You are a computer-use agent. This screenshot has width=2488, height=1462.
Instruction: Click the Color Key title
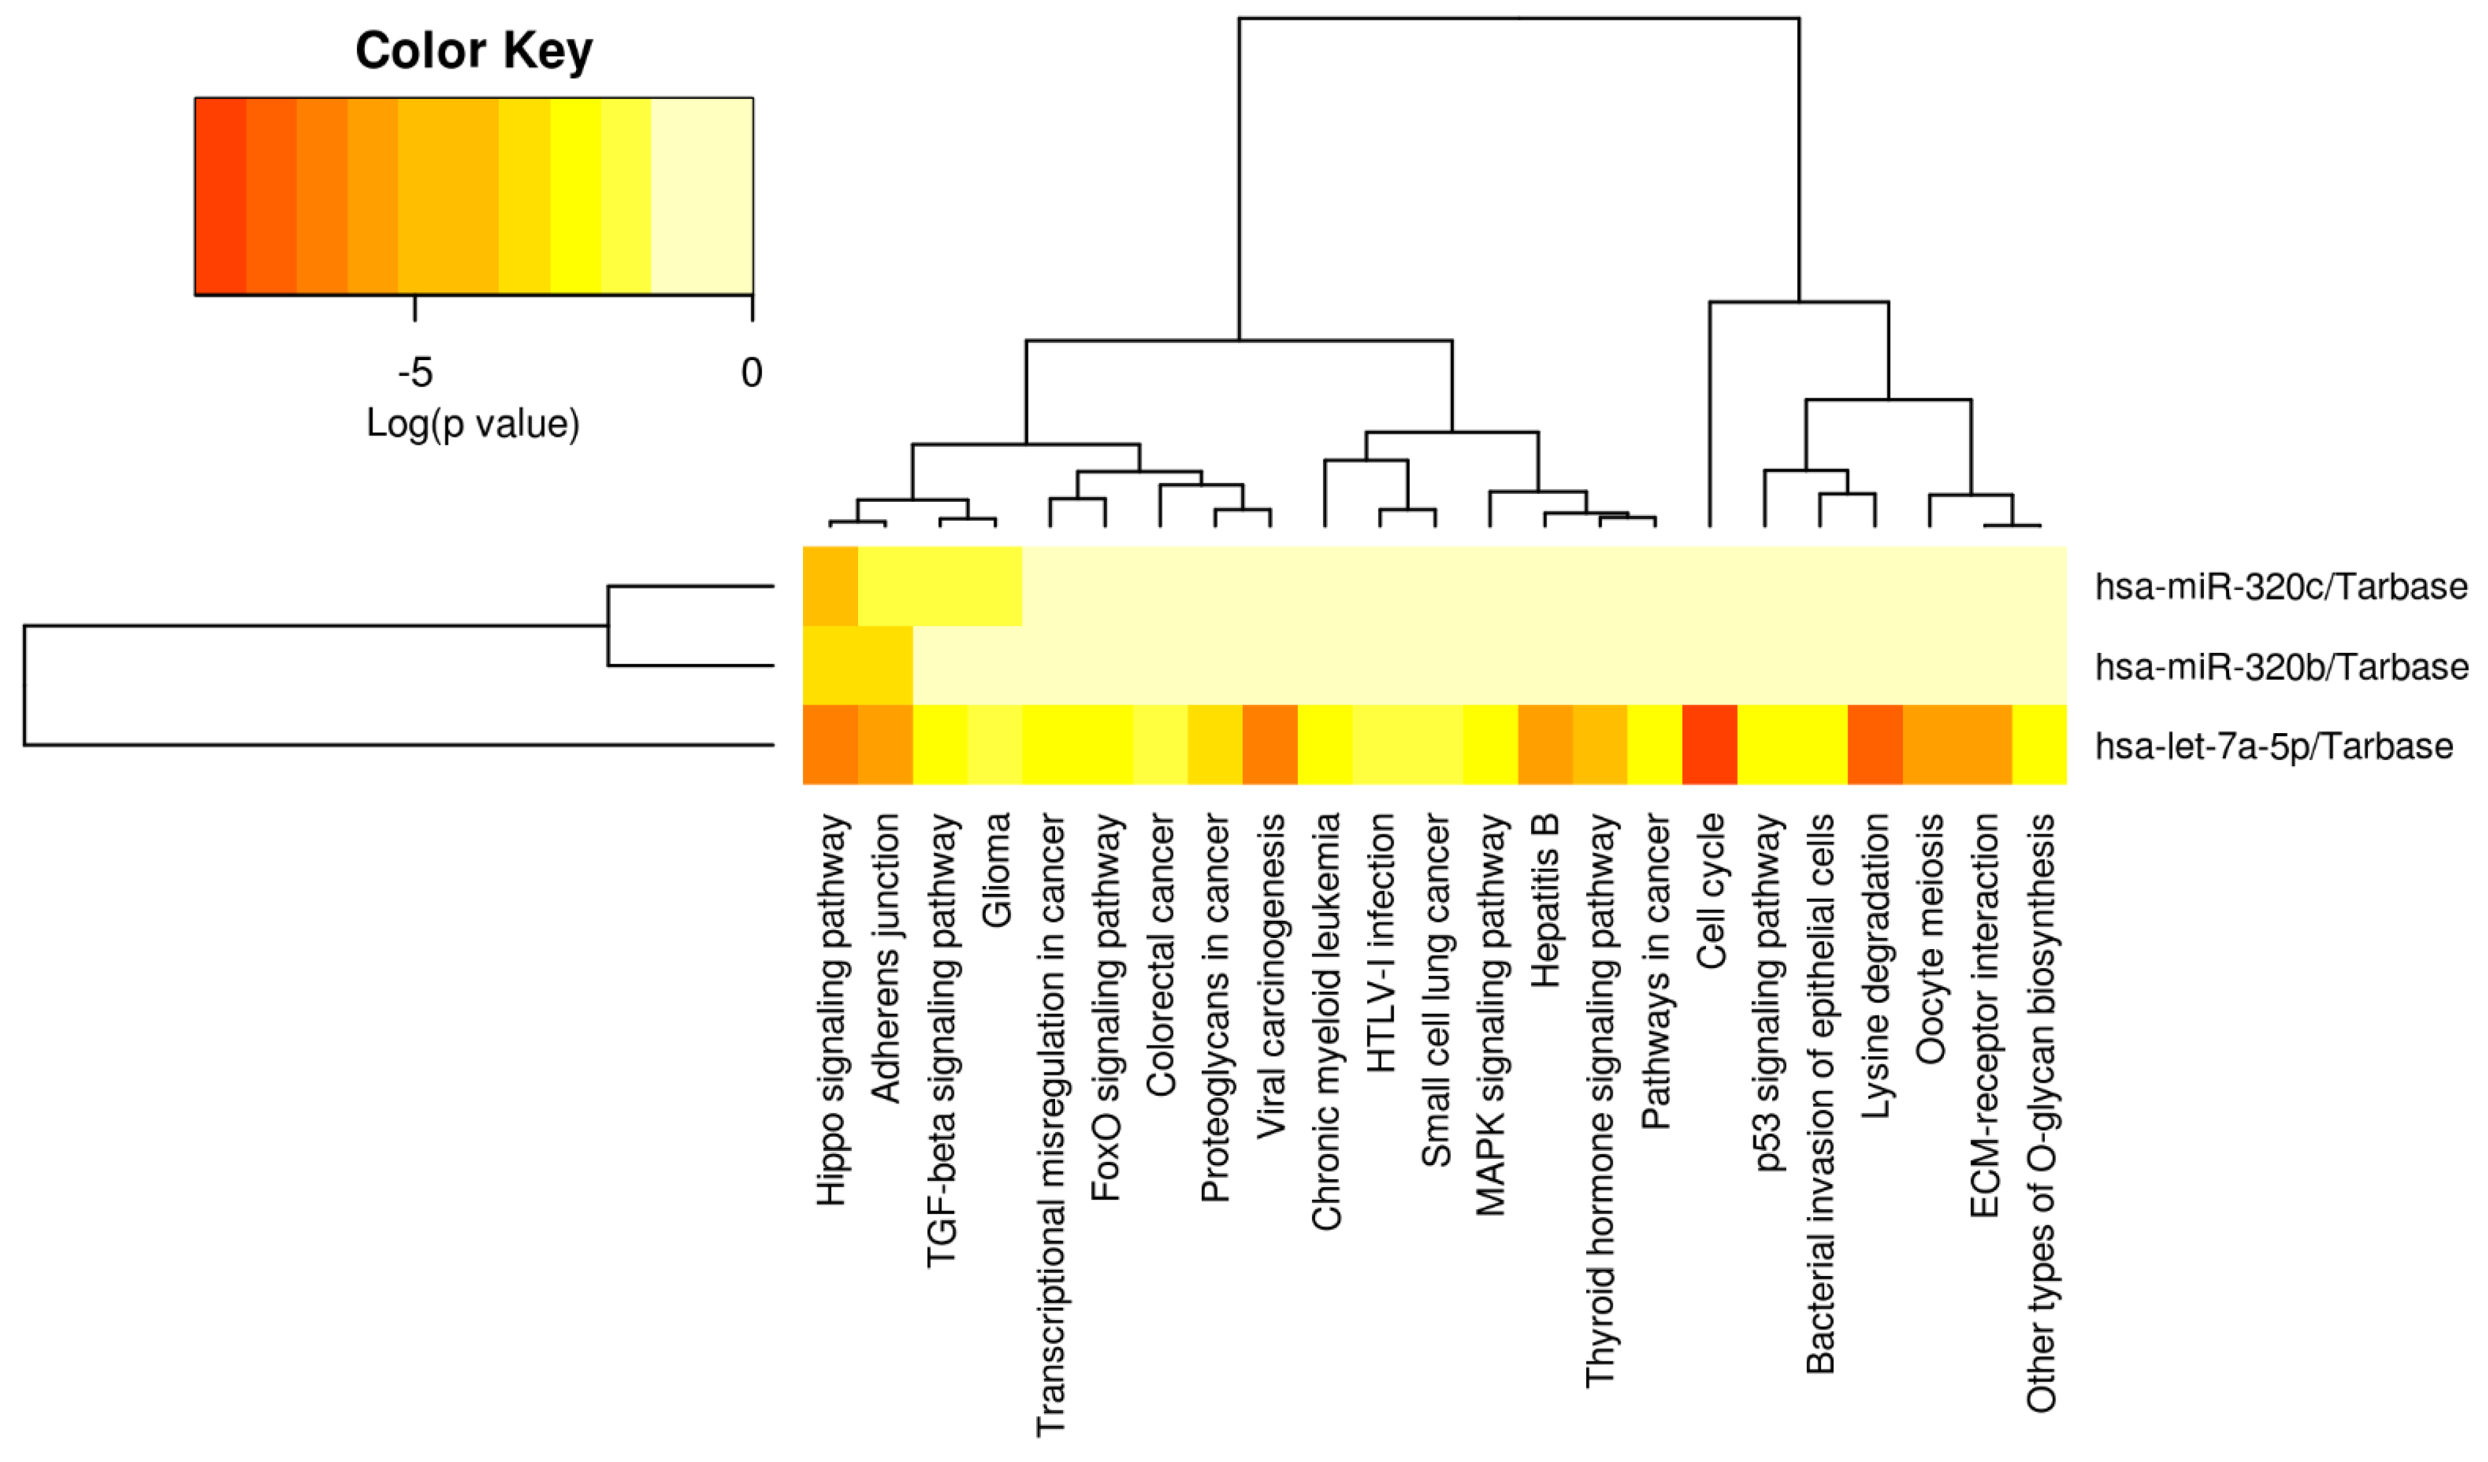point(474,52)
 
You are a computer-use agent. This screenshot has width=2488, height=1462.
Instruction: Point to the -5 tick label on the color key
point(415,373)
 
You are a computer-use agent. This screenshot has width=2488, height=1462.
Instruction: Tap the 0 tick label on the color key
point(751,373)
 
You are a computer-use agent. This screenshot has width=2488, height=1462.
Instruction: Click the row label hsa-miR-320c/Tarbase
point(2281,587)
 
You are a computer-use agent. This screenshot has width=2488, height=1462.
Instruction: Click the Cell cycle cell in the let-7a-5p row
point(1709,745)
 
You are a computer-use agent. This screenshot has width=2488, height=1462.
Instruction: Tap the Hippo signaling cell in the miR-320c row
point(831,587)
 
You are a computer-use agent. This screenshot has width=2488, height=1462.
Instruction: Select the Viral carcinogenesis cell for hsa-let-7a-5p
point(1270,745)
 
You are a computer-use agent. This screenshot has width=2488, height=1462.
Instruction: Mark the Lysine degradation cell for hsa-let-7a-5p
point(1874,745)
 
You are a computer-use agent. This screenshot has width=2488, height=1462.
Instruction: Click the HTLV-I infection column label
point(1380,943)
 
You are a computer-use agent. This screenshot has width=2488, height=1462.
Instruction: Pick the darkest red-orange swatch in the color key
point(220,196)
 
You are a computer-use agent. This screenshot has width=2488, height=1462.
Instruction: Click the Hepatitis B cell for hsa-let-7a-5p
point(1544,745)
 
